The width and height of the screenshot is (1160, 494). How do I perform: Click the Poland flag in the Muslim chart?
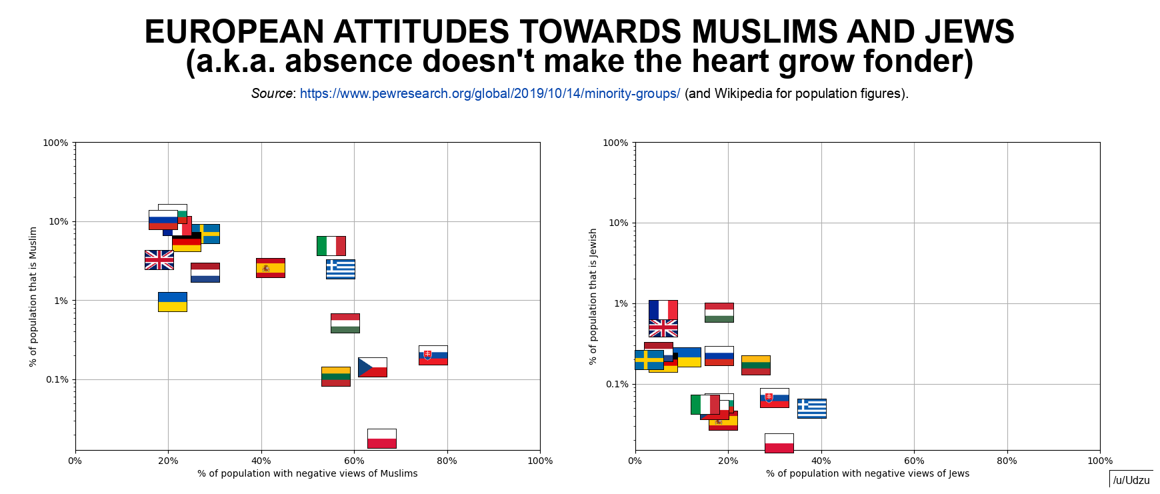pos(381,438)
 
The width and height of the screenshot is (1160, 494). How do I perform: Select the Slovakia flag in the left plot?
pos(433,355)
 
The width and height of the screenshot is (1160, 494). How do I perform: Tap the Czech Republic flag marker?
pos(372,367)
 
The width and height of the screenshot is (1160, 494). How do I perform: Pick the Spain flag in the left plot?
pos(270,268)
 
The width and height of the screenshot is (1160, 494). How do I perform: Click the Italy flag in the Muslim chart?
pos(331,245)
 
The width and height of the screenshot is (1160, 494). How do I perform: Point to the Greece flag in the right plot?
pos(811,409)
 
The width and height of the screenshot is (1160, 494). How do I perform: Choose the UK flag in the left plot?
pos(159,260)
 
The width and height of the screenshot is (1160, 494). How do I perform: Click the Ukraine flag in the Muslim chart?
pos(172,302)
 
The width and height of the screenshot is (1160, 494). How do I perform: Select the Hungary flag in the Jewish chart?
pos(719,313)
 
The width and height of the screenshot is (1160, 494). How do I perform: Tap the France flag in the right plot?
pos(663,310)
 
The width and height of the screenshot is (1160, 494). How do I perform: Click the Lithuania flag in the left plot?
pos(335,377)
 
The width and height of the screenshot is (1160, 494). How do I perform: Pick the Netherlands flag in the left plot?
pos(205,273)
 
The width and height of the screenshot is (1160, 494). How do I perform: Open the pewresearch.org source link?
pos(489,93)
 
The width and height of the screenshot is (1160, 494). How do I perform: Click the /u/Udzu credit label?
pos(1131,480)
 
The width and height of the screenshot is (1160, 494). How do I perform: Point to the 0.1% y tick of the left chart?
pos(57,380)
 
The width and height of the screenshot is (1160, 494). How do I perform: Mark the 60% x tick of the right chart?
pos(914,461)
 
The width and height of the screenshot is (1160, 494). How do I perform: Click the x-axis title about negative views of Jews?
pos(867,473)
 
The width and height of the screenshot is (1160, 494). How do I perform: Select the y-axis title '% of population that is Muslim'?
pos(33,297)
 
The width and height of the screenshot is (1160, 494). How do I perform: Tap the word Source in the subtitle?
pos(271,93)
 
